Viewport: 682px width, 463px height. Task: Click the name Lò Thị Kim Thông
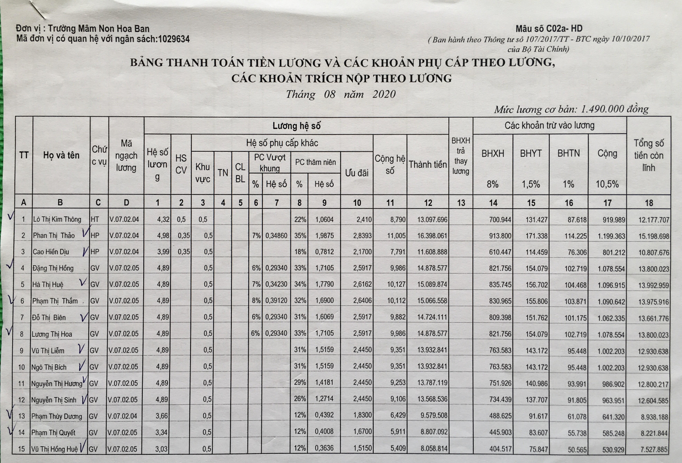57,219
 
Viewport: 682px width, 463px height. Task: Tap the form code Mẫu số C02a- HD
549,29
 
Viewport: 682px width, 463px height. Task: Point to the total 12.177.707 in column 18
654,220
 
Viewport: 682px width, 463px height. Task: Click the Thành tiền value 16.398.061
432,236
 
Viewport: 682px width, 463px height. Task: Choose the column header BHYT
531,154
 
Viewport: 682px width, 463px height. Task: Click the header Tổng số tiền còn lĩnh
649,155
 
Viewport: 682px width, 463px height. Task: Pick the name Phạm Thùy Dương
57,416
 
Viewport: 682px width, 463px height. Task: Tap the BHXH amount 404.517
500,449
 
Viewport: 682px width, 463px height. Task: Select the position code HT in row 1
95,219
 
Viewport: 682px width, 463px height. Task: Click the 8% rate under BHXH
492,184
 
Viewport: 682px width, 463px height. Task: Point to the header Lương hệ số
296,126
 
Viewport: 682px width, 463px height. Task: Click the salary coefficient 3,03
161,449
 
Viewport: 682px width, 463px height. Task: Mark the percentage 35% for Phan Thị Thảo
300,235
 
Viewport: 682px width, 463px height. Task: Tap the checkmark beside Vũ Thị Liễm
81,349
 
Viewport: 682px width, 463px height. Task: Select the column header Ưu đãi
356,173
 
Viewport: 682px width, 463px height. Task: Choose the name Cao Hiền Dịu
51,252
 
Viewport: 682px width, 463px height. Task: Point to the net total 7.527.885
654,450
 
